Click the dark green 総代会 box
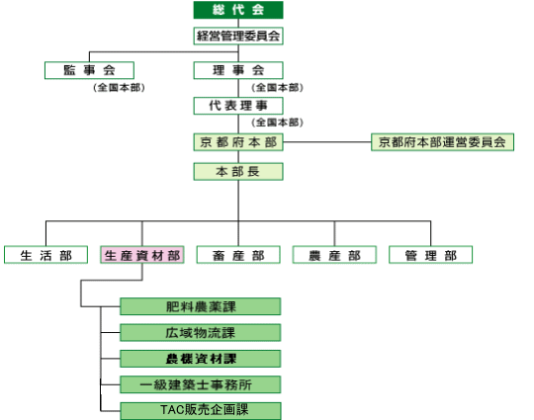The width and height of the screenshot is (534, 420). [238, 10]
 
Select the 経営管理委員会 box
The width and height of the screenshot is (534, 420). [238, 36]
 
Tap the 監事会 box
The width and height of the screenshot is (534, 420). [89, 70]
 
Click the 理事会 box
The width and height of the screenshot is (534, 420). [238, 70]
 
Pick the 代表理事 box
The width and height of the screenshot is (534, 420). [238, 106]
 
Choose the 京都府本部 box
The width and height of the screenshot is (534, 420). [238, 142]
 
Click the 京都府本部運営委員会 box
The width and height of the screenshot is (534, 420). [442, 142]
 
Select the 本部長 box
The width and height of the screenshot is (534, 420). [238, 172]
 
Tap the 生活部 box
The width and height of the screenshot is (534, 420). [45, 255]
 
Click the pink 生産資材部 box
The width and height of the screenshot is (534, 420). [142, 255]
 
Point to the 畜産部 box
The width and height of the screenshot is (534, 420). [238, 255]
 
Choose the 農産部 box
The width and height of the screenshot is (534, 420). [334, 255]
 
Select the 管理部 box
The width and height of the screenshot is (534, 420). [430, 255]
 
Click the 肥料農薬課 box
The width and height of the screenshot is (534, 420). [200, 306]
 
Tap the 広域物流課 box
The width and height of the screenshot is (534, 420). [200, 332]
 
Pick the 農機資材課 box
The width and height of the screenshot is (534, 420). [200, 359]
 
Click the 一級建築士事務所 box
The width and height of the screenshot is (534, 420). [200, 384]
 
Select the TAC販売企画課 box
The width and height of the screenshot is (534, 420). [200, 411]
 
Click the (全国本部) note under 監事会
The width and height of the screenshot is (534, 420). [119, 88]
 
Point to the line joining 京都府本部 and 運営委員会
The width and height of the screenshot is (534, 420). [327, 142]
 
